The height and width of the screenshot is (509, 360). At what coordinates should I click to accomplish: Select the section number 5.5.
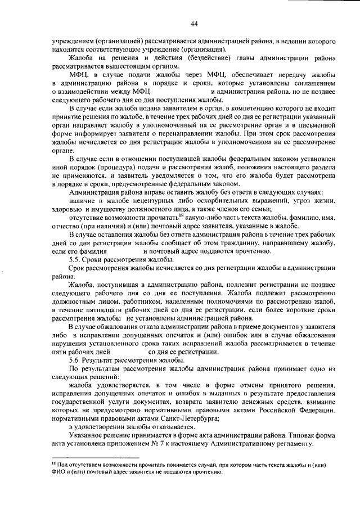pyautogui.click(x=75, y=260)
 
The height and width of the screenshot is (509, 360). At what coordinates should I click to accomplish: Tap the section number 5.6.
pyautogui.click(x=75, y=359)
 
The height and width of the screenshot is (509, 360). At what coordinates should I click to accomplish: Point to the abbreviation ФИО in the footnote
pyautogui.click(x=57, y=472)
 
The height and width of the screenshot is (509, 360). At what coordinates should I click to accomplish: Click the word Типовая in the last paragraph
pyautogui.click(x=304, y=436)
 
